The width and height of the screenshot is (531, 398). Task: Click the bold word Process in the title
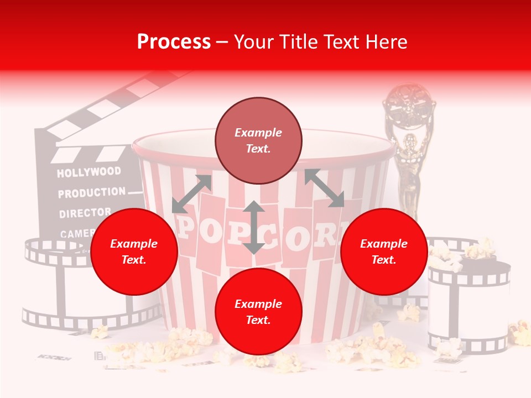[174, 42]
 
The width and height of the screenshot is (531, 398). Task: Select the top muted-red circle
[258, 141]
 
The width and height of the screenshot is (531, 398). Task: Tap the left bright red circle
[134, 252]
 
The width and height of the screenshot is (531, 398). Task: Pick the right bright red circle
[384, 252]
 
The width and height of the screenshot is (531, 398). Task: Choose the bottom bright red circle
[258, 312]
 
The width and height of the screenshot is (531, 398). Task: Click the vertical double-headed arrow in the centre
[253, 227]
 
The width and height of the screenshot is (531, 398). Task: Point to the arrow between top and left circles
[192, 193]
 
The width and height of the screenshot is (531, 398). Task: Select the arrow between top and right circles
[324, 188]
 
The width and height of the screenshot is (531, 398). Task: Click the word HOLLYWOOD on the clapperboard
[88, 172]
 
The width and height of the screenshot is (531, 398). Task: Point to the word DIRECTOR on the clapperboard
[85, 213]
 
